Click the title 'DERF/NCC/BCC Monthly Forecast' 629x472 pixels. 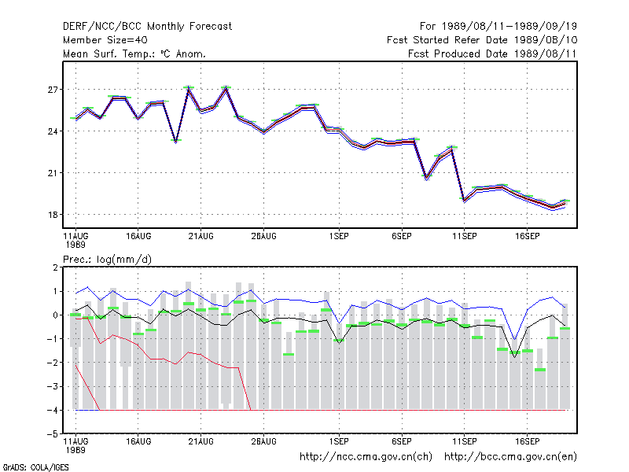point(147,27)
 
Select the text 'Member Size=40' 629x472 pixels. point(105,40)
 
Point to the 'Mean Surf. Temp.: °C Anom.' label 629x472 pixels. point(134,53)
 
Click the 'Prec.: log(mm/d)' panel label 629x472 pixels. point(107,260)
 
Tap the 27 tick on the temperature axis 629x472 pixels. point(53,90)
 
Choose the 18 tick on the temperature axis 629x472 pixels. point(53,215)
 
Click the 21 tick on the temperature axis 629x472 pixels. point(53,173)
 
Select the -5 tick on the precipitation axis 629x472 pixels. point(53,434)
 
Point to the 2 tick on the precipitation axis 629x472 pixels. point(55,267)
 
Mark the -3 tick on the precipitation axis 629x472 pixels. point(53,386)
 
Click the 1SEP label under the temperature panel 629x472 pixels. point(339,237)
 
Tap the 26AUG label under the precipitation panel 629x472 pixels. point(263,441)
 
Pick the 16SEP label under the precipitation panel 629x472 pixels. point(527,441)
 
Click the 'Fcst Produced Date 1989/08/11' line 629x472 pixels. point(492,53)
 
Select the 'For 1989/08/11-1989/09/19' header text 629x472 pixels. point(498,27)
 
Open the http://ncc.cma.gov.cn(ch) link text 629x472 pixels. point(366,457)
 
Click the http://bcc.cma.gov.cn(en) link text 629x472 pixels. point(510,457)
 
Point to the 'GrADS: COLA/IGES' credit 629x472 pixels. point(35,467)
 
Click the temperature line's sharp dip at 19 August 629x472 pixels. point(175,142)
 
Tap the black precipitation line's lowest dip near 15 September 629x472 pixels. point(515,357)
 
